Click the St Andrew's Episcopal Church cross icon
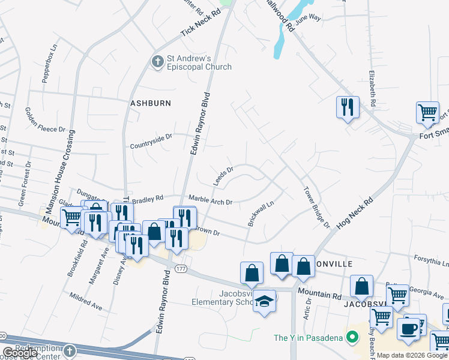(x=157, y=62)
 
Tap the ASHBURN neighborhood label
(x=151, y=103)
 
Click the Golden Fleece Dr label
(x=45, y=119)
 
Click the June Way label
(x=309, y=19)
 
